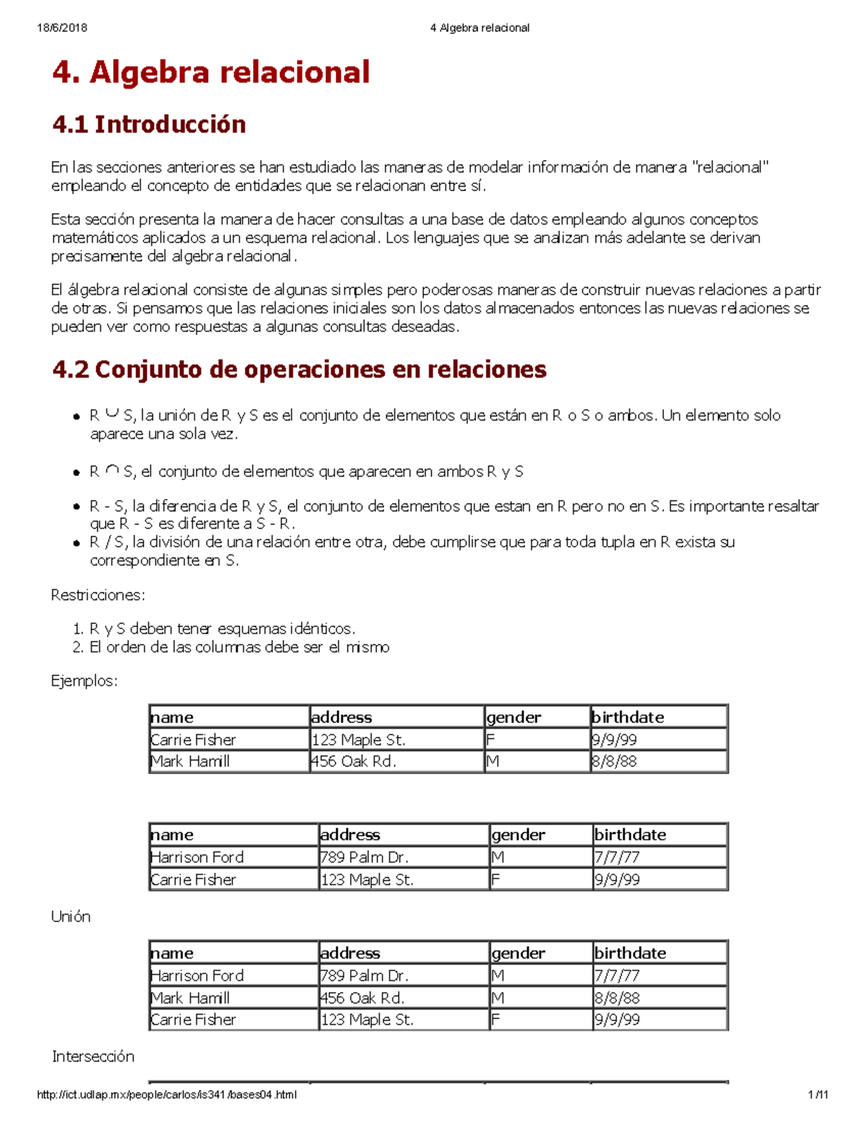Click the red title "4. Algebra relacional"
210,72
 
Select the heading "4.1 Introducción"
149,124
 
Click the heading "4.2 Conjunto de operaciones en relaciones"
299,370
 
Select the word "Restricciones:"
98,595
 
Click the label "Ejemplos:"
84,680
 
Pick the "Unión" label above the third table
71,916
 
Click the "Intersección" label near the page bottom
93,1056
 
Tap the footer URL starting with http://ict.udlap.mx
166,1095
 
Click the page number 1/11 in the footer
818,1095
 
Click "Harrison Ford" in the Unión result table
197,975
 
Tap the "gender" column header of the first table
514,717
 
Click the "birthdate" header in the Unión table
630,953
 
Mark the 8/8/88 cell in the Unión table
616,998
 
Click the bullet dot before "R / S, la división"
76,543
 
